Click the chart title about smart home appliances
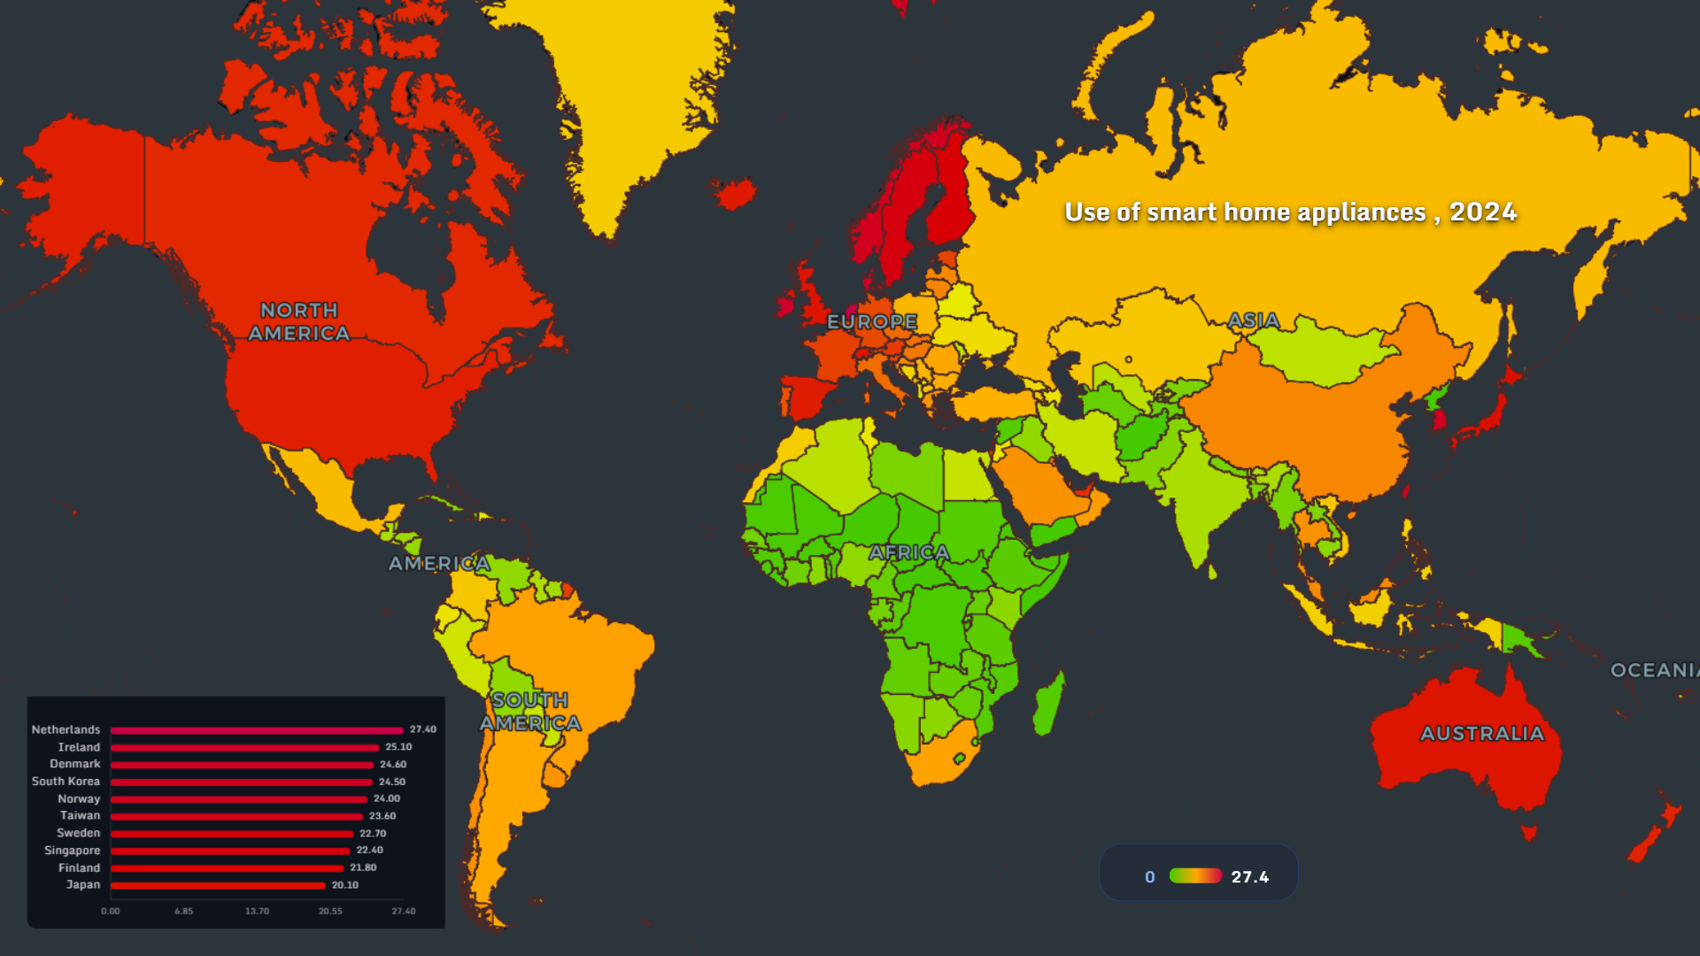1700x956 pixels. click(1290, 212)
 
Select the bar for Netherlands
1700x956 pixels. click(257, 730)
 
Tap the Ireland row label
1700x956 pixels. click(79, 747)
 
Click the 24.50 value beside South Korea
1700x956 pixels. click(391, 782)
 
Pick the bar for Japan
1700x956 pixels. click(218, 885)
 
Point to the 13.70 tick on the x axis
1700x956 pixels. click(257, 911)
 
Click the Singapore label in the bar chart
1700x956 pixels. click(72, 851)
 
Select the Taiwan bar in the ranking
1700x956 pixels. click(236, 816)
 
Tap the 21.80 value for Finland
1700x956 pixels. click(363, 867)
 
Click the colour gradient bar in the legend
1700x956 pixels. click(1195, 875)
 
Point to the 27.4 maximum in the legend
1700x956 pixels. click(1249, 876)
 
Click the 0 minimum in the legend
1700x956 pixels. click(1149, 876)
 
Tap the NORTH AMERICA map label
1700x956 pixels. click(298, 321)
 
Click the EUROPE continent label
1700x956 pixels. click(871, 321)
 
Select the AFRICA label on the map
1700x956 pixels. click(908, 552)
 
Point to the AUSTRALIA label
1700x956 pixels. click(1481, 733)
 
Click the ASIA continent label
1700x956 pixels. click(1253, 320)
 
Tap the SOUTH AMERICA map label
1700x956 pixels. click(529, 712)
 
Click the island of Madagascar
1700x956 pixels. click(1049, 704)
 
